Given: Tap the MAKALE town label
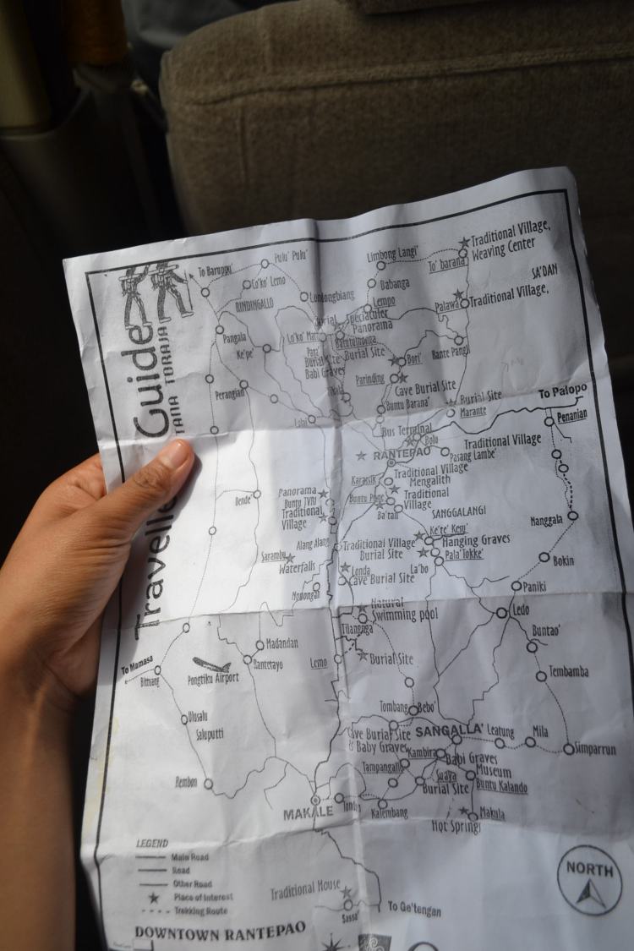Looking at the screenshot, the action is pos(308,813).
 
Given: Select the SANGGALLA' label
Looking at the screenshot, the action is pos(450,730).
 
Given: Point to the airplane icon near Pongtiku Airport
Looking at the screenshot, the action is pos(210,664).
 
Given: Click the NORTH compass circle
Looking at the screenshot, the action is pos(589,879).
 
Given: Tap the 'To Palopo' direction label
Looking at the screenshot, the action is pos(562,393).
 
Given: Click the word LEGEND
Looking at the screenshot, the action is pos(152,843).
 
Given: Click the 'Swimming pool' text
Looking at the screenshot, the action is pos(405,615).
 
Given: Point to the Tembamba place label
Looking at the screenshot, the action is pos(569,672).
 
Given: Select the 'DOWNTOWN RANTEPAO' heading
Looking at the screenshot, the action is pos(220,933).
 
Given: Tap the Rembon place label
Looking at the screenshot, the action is pos(186,781).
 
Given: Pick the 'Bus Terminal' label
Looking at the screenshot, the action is pos(408,430).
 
